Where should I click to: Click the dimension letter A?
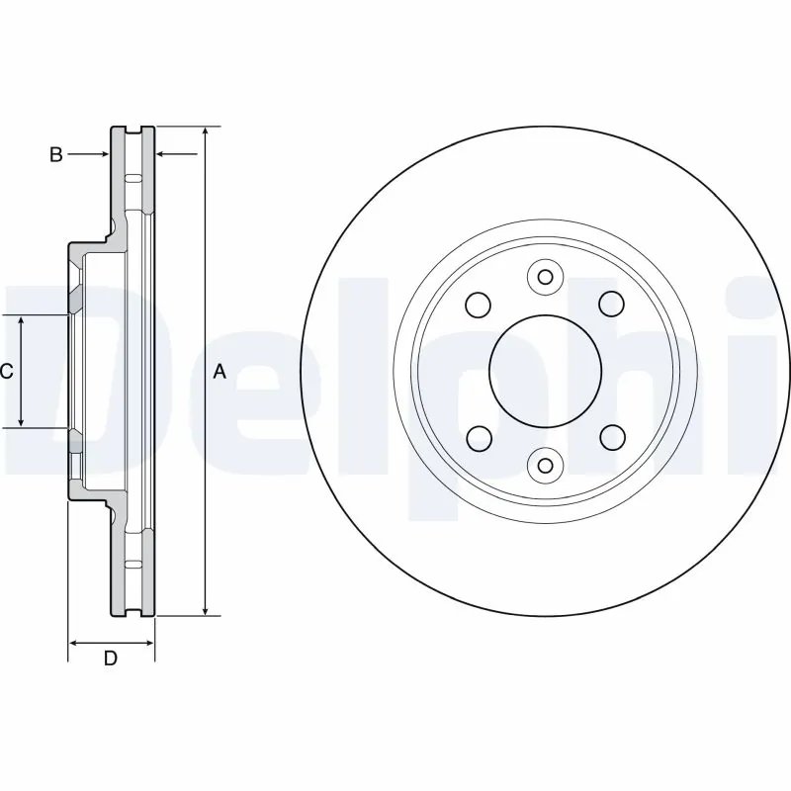(220, 372)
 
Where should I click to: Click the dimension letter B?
(56, 154)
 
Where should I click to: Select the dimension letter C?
(6, 372)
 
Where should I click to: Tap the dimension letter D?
(111, 659)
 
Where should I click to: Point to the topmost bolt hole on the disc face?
(543, 276)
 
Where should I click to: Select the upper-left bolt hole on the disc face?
(477, 304)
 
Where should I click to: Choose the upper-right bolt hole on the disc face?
(611, 304)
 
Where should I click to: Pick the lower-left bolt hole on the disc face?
(477, 436)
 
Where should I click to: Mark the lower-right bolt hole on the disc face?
(611, 436)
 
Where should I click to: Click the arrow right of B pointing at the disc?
(103, 154)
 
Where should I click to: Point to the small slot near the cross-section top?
(134, 177)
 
